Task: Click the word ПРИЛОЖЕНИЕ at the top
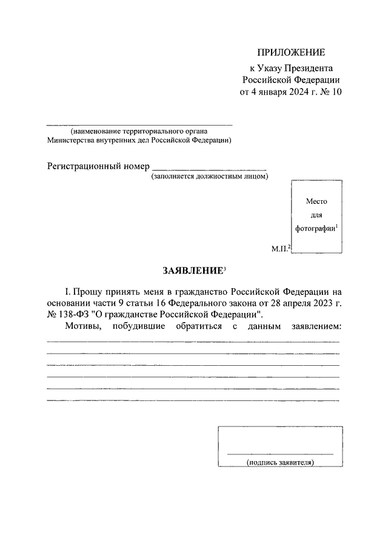coord(292,52)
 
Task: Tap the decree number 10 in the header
coord(336,92)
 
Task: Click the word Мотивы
coord(81,327)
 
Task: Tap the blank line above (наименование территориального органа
coord(139,124)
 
